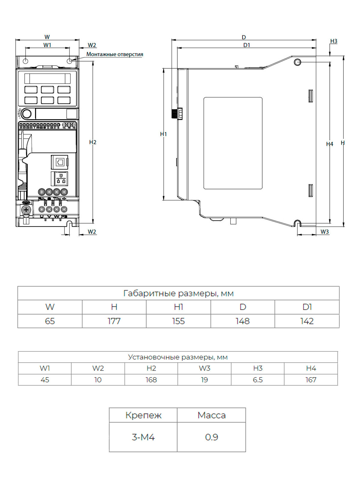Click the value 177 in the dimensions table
(x=114, y=321)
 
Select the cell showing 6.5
(x=258, y=380)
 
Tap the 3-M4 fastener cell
(x=143, y=437)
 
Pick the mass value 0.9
(x=211, y=437)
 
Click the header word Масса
(x=211, y=415)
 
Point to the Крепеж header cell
(x=143, y=415)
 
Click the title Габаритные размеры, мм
(x=178, y=293)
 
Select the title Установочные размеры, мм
(x=178, y=357)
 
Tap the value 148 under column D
(x=243, y=321)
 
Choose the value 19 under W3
(x=204, y=380)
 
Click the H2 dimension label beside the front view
(x=93, y=142)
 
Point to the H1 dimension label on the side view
(x=163, y=134)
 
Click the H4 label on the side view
(x=330, y=144)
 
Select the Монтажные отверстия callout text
(x=115, y=54)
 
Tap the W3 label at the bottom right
(x=325, y=232)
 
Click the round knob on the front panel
(x=26, y=114)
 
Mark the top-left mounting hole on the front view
(x=25, y=61)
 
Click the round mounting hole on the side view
(x=297, y=62)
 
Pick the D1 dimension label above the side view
(x=247, y=45)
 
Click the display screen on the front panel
(x=48, y=79)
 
